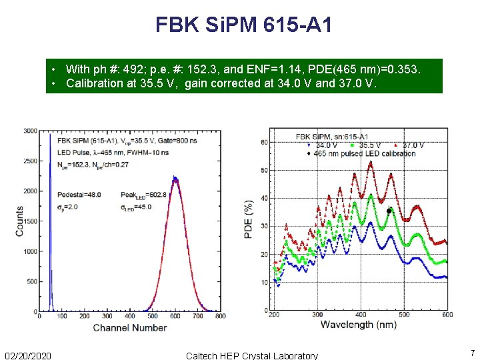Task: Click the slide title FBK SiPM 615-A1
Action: [243, 25]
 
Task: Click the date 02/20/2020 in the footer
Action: [31, 355]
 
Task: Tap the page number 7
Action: [472, 353]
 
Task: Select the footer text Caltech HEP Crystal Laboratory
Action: [251, 355]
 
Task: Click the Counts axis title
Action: [19, 220]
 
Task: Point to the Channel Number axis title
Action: [129, 327]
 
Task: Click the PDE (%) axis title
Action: [249, 220]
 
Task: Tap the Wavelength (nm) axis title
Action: [358, 325]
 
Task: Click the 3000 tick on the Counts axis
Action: [30, 131]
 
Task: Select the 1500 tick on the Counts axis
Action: [30, 221]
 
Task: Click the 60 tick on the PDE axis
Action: [264, 143]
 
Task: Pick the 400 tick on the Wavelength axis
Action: [360, 315]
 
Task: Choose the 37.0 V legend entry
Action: [411, 145]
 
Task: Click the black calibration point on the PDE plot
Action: [389, 211]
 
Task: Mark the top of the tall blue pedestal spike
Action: [50, 135]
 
